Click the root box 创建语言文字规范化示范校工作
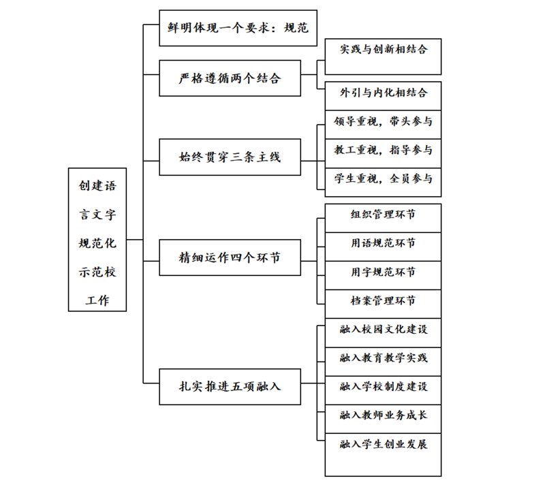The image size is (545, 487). [x=97, y=240]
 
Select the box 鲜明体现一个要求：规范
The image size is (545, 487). [x=238, y=28]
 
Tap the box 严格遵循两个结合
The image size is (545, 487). [x=230, y=78]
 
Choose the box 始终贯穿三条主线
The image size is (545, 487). [x=230, y=157]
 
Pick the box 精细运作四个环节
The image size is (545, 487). [x=230, y=257]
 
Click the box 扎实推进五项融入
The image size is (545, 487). [x=230, y=387]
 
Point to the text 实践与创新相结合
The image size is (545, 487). [x=384, y=49]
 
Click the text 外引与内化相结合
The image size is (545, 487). [x=384, y=93]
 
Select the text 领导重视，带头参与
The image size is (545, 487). [x=384, y=121]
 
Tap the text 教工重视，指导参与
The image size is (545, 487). [x=384, y=150]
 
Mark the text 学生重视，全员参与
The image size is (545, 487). [x=384, y=178]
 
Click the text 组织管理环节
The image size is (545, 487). [x=383, y=215]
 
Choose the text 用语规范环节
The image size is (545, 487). [x=383, y=243]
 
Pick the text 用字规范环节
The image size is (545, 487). [x=383, y=272]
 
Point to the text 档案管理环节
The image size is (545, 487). [x=383, y=300]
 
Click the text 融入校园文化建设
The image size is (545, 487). [x=384, y=329]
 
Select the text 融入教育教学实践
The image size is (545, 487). [x=384, y=358]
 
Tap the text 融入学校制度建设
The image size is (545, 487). [x=384, y=387]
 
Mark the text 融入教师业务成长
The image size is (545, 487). [x=384, y=415]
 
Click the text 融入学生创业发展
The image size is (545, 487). [x=384, y=444]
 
